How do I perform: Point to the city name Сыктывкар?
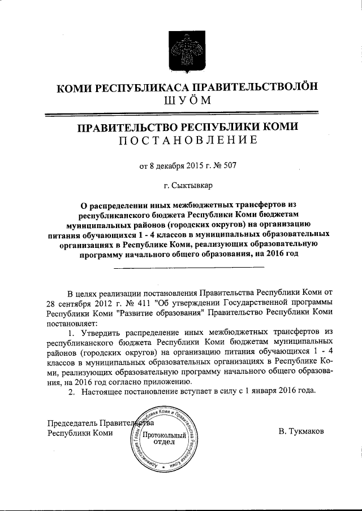189,185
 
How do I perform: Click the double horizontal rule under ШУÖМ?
181,115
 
